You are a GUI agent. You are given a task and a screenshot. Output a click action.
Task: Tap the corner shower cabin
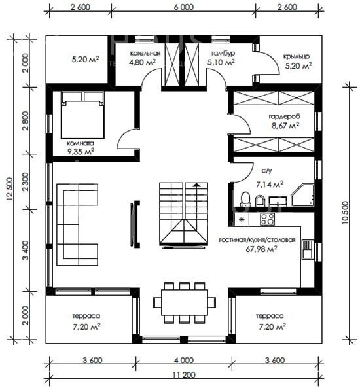coord(302,195)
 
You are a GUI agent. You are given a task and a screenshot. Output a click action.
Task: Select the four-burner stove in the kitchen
coord(267,219)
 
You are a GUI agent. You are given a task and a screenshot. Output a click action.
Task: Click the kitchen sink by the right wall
coord(308,249)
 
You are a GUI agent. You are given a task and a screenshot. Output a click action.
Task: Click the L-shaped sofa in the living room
coord(77,224)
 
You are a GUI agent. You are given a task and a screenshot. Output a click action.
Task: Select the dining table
coord(184,302)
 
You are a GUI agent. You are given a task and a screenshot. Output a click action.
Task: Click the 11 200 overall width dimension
coord(184,375)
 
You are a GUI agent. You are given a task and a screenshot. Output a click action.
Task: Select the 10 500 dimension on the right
coord(345,213)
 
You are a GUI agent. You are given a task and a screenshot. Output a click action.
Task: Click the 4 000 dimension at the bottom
coord(184,361)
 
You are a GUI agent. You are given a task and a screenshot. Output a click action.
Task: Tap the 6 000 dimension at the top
coord(184,7)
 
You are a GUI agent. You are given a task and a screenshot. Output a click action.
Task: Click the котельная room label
coord(145,53)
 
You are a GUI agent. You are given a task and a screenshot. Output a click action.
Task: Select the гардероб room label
coord(285,116)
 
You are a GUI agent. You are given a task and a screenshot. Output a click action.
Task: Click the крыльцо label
coord(297,56)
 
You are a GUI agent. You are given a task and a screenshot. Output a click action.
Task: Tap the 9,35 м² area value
coord(81,151)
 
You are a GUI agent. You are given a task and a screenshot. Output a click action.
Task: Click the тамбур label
coord(223,53)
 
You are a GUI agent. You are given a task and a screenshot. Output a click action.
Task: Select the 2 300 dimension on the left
coord(26,182)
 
